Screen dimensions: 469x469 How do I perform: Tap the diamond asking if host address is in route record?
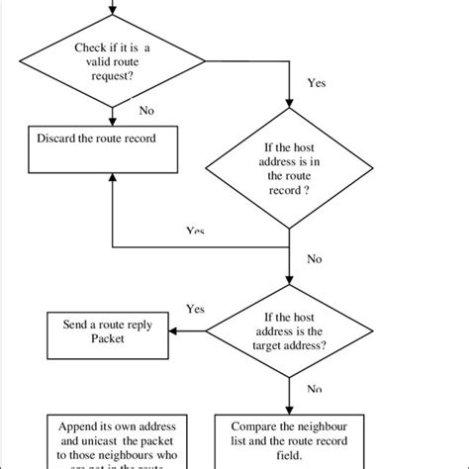coord(288,169)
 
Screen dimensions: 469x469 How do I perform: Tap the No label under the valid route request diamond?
coord(146,110)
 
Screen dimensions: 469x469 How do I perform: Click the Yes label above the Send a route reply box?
coord(196,308)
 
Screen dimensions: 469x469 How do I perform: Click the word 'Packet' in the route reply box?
coord(112,337)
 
